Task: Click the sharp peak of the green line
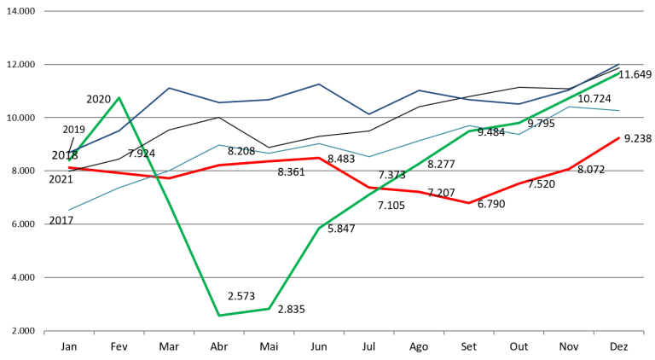tap(119, 97)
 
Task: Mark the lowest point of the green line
tap(219, 316)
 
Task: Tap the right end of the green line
tap(619, 73)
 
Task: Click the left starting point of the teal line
tap(69, 210)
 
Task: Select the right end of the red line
tap(619, 137)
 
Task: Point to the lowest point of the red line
tap(468, 203)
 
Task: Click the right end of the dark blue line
tap(619, 64)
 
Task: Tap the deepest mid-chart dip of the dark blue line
tap(368, 113)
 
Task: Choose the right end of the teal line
tap(619, 110)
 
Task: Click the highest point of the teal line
tap(569, 107)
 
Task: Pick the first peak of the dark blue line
tap(169, 88)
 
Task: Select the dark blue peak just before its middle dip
tap(319, 84)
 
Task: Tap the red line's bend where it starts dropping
tap(319, 158)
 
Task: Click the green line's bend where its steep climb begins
tap(269, 309)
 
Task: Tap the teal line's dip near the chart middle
tap(368, 156)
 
